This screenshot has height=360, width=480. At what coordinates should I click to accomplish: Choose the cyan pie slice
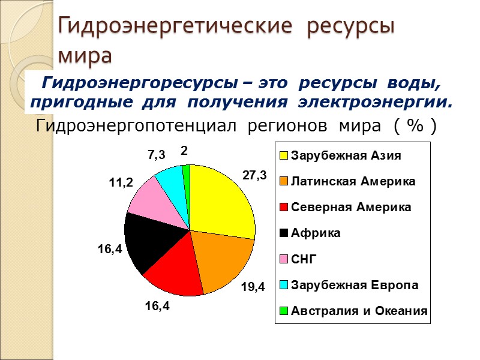[170, 179]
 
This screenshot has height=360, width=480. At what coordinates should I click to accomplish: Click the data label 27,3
[254, 175]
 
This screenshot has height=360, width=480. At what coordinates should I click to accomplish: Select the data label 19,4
[253, 287]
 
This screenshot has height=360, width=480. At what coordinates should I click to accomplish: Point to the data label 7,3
[156, 155]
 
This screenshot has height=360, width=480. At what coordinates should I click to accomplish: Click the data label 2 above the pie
[184, 153]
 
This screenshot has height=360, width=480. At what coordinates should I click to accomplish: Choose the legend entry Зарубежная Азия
[346, 155]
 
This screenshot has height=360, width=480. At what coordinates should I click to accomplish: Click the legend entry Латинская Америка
[352, 181]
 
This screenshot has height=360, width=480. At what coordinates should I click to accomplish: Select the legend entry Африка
[315, 233]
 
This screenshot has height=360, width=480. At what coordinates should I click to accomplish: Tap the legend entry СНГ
[303, 259]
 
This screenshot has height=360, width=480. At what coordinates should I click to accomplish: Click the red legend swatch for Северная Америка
[284, 207]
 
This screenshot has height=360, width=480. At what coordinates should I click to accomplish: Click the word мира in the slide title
[85, 56]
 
